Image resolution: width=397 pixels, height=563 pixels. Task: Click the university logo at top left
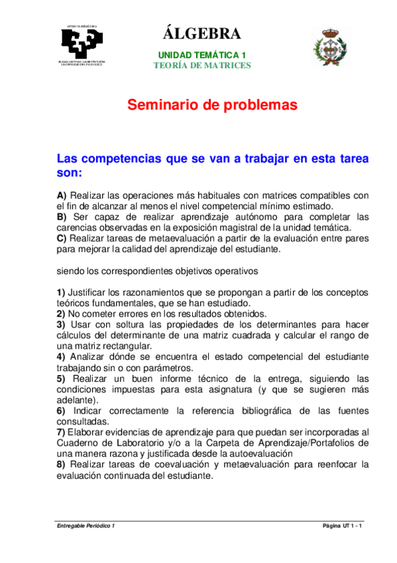point(81,46)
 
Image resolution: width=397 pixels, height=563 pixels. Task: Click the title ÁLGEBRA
point(201,33)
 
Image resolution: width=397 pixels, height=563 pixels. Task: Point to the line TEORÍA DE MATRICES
point(202,65)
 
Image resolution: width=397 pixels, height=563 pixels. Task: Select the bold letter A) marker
point(62,195)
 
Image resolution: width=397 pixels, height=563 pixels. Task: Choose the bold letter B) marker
point(62,216)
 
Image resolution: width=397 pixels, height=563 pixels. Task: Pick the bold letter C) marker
point(62,238)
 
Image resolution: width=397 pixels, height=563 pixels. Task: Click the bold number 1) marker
point(61,293)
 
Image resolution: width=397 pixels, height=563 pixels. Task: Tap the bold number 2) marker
point(61,314)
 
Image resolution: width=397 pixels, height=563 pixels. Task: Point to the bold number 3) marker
point(61,325)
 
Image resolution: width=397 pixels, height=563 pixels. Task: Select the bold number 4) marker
point(61,357)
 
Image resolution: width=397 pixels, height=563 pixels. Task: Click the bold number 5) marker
point(61,378)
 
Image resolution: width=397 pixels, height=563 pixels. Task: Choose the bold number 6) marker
point(61,410)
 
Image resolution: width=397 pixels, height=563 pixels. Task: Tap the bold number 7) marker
point(61,432)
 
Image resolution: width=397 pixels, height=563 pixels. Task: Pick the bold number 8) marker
point(61,465)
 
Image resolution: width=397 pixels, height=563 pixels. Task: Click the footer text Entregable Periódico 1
point(86,525)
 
